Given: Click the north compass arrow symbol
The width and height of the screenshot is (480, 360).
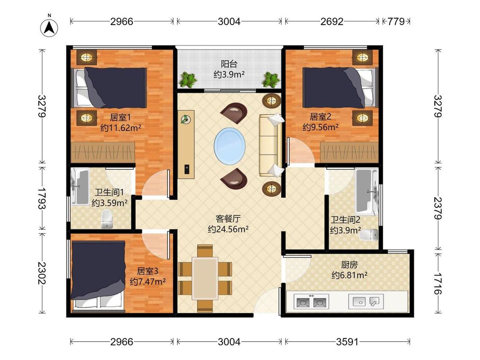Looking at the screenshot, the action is point(49,28).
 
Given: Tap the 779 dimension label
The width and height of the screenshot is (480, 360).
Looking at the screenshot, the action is point(396,21).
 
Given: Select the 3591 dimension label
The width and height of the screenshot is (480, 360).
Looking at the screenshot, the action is point(347,342).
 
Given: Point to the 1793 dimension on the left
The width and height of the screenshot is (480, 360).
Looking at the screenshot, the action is point(42,198).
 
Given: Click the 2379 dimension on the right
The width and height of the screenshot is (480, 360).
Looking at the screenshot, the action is point(438,208).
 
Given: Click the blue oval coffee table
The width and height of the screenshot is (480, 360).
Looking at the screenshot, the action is point(230,146).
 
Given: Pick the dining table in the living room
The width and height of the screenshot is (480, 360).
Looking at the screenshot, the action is point(205,278).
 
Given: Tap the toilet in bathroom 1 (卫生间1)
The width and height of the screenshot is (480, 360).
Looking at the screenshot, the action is point(107,219).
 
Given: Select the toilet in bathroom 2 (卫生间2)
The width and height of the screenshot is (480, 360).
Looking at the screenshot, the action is point(369,235).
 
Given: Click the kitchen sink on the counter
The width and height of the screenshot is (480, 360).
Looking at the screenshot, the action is point(366,302).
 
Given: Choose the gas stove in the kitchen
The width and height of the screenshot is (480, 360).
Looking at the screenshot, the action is point(311,302).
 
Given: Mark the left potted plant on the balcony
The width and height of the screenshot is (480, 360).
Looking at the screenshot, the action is point(187,79).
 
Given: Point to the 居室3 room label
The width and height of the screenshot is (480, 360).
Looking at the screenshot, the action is point(147,271).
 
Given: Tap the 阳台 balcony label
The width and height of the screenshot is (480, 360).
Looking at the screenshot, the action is point(229,64).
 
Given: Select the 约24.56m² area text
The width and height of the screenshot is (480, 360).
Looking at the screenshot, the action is point(228,229).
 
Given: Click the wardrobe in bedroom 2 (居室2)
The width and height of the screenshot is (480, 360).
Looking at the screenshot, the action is point(349,152).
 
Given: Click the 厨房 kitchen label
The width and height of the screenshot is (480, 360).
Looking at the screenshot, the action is point(349,264).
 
